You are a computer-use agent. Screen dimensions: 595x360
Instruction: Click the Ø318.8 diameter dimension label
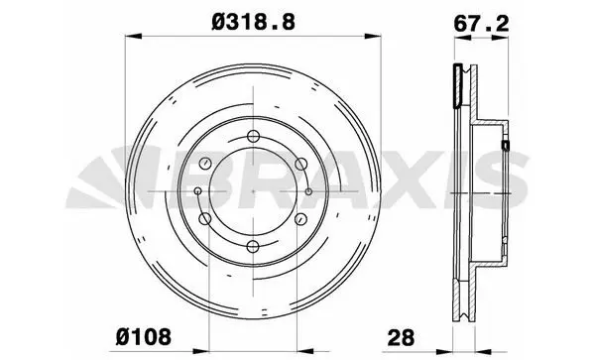click(x=254, y=23)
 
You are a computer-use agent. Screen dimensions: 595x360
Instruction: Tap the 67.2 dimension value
click(x=481, y=24)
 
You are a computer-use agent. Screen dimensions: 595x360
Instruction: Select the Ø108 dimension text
click(x=144, y=337)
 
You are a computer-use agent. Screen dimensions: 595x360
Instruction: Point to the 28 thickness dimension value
click(x=401, y=337)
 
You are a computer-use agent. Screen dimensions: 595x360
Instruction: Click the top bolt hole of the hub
click(x=253, y=136)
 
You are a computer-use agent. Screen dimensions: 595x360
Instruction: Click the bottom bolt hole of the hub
click(x=253, y=247)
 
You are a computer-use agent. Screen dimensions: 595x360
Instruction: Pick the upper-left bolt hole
click(x=205, y=164)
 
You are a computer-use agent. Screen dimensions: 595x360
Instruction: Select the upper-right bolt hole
click(x=301, y=164)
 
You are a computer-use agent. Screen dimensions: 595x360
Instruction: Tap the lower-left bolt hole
click(x=205, y=219)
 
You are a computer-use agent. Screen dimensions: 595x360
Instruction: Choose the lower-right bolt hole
click(x=301, y=219)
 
